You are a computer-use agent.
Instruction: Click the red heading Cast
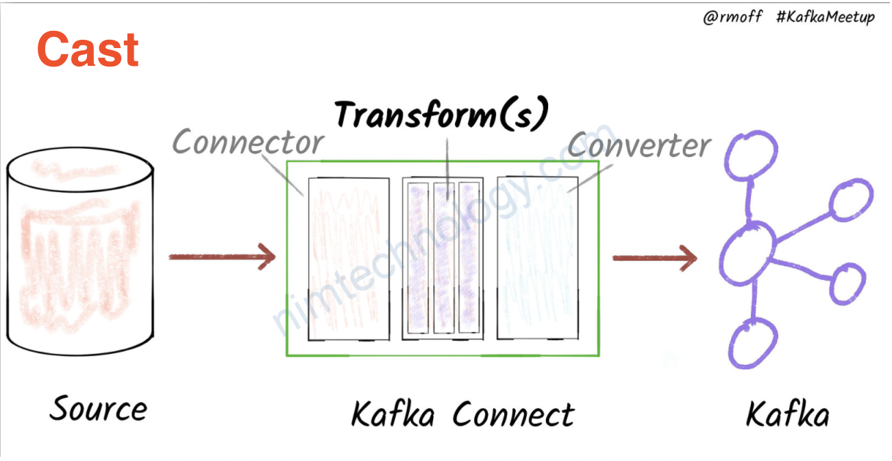tap(88, 49)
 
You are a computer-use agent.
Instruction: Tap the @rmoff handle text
tap(732, 16)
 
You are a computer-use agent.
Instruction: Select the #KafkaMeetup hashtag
tap(826, 16)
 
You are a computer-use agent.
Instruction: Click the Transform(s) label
tap(442, 115)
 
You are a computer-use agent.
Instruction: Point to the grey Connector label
tap(248, 143)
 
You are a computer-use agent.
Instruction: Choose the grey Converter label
tap(639, 145)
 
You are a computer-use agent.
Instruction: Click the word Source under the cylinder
tap(99, 409)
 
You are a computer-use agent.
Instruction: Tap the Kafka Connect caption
tap(462, 414)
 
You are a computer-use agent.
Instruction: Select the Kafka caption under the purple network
tap(787, 414)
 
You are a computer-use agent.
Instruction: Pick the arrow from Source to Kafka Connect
tap(222, 257)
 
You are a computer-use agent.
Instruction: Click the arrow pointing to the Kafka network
tap(654, 258)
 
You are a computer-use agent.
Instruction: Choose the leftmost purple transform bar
tap(418, 259)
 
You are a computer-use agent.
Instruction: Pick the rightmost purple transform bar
tap(469, 259)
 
